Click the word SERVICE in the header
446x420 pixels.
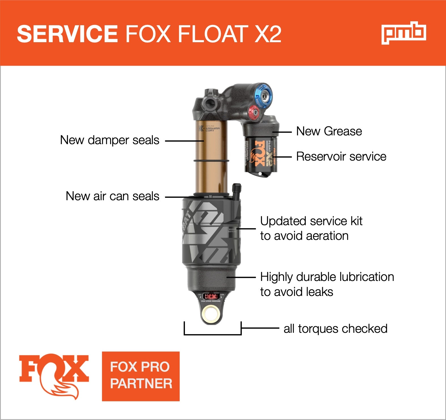67,34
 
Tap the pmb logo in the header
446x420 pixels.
404,33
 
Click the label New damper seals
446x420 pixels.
110,140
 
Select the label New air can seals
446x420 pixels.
112,196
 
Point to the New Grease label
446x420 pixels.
329,131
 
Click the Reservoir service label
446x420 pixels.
341,157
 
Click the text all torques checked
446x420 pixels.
335,329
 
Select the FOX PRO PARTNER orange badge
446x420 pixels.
141,376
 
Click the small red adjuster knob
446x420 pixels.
254,112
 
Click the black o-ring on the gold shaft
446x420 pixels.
211,161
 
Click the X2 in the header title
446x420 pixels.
268,34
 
